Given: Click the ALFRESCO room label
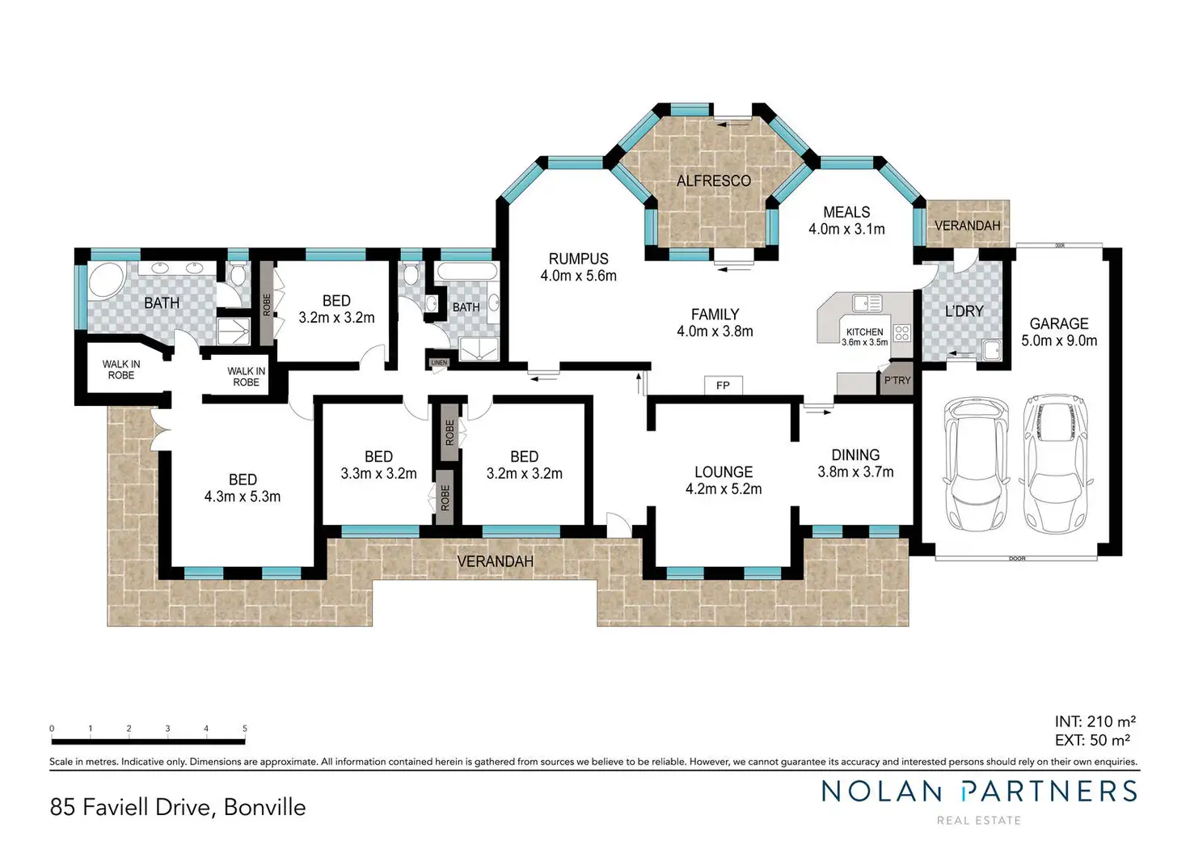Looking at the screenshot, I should click(713, 181).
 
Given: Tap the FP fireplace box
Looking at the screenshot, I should click(723, 386).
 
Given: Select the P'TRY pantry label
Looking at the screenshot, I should click(897, 380).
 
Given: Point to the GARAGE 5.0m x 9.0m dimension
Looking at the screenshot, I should click(1059, 341).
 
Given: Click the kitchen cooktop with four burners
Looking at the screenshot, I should click(902, 332).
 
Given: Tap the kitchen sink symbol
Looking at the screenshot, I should click(867, 303).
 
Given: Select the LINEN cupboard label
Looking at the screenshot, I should click(439, 362).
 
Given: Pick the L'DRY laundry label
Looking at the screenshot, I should click(964, 311).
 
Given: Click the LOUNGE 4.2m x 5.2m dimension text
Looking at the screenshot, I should click(724, 489).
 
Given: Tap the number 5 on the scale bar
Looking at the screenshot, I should click(245, 729).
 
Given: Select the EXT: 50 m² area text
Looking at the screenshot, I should click(1092, 740).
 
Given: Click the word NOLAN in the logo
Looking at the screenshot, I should click(882, 792).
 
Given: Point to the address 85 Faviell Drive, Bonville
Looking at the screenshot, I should click(178, 807).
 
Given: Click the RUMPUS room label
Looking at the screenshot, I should click(578, 259).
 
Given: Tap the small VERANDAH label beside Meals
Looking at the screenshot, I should click(967, 226).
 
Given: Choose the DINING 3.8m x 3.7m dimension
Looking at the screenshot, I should click(855, 472).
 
